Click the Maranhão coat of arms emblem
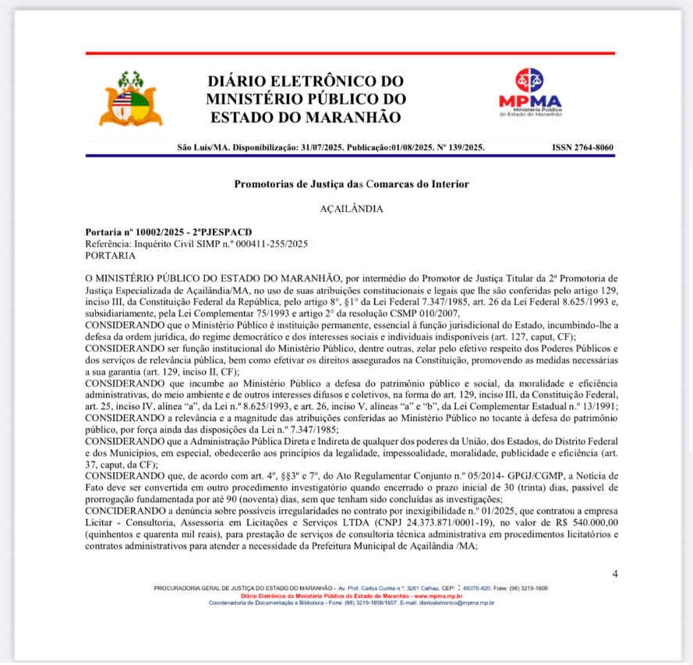[130, 99]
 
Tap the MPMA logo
[530, 94]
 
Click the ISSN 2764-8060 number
[582, 147]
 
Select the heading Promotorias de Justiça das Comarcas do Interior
[352, 184]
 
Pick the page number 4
[614, 574]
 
